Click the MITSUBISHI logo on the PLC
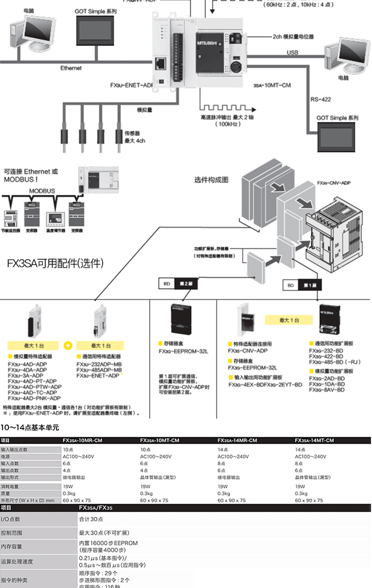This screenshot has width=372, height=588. pos(208,42)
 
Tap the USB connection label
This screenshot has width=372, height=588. pos(292,52)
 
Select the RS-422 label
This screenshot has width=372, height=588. pos(320,99)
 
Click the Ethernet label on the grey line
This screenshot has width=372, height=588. pos(71,68)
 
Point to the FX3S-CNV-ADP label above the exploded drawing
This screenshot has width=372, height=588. pos(333,183)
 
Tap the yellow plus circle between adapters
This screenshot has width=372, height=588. pos(68,345)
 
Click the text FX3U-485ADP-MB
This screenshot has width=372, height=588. pos(99,370)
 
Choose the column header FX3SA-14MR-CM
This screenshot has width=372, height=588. pos(237,440)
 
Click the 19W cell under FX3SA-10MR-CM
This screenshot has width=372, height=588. pos(68,486)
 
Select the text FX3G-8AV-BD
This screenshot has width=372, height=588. pos(327,390)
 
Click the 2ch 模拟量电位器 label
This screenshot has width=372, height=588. pos(293,36)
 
